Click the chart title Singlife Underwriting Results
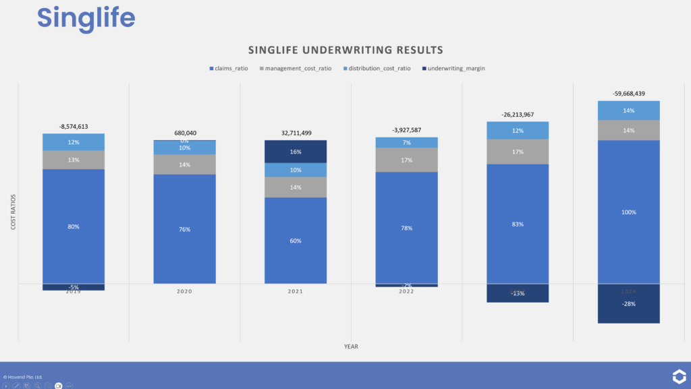pyautogui.click(x=345, y=50)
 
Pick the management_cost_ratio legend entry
pyautogui.click(x=298, y=69)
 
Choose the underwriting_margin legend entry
pyautogui.click(x=453, y=69)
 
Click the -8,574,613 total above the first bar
pyautogui.click(x=74, y=126)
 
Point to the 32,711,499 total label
pyautogui.click(x=295, y=133)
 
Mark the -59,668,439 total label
pyautogui.click(x=628, y=94)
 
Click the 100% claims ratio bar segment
pyautogui.click(x=628, y=212)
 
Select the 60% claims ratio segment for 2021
pyautogui.click(x=295, y=241)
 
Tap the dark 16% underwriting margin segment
pyautogui.click(x=295, y=152)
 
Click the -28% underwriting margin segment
pyautogui.click(x=628, y=303)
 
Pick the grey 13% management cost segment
pyautogui.click(x=74, y=160)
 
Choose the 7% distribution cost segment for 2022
pyautogui.click(x=406, y=142)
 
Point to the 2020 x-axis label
pyautogui.click(x=184, y=291)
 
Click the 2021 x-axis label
pyautogui.click(x=295, y=291)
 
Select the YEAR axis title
pyautogui.click(x=351, y=347)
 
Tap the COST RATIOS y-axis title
pyautogui.click(x=13, y=213)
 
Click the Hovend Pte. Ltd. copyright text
pyautogui.click(x=23, y=376)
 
